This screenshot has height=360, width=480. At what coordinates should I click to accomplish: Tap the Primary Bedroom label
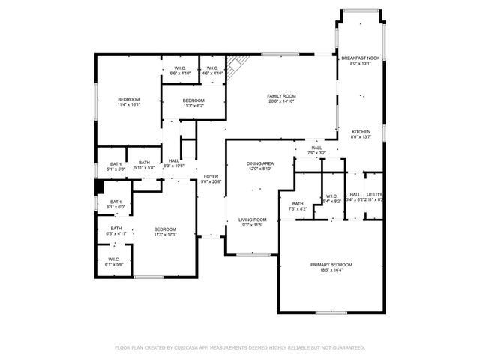click(331, 265)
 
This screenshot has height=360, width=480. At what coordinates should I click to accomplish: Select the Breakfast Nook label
click(361, 58)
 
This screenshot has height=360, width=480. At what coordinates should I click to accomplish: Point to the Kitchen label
click(361, 132)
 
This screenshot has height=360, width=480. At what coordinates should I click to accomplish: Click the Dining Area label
click(260, 163)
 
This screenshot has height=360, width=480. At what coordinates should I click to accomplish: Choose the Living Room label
click(252, 220)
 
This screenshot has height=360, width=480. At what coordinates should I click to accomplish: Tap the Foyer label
click(211, 176)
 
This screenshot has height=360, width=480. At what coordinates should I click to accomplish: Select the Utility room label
click(374, 195)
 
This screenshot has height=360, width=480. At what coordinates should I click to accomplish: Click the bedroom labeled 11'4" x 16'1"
click(128, 100)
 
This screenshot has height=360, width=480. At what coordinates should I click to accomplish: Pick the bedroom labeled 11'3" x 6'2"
click(193, 100)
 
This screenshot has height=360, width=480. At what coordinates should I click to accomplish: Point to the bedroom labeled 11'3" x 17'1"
click(165, 229)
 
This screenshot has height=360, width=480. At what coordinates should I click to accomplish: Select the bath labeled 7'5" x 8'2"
click(298, 204)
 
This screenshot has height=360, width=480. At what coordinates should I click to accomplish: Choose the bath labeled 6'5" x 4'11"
click(116, 229)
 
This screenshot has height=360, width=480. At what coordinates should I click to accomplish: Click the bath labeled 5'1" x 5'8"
click(115, 163)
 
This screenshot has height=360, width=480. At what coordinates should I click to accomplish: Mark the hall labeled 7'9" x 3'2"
click(316, 148)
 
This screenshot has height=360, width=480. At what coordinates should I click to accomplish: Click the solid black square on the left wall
click(97, 187)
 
